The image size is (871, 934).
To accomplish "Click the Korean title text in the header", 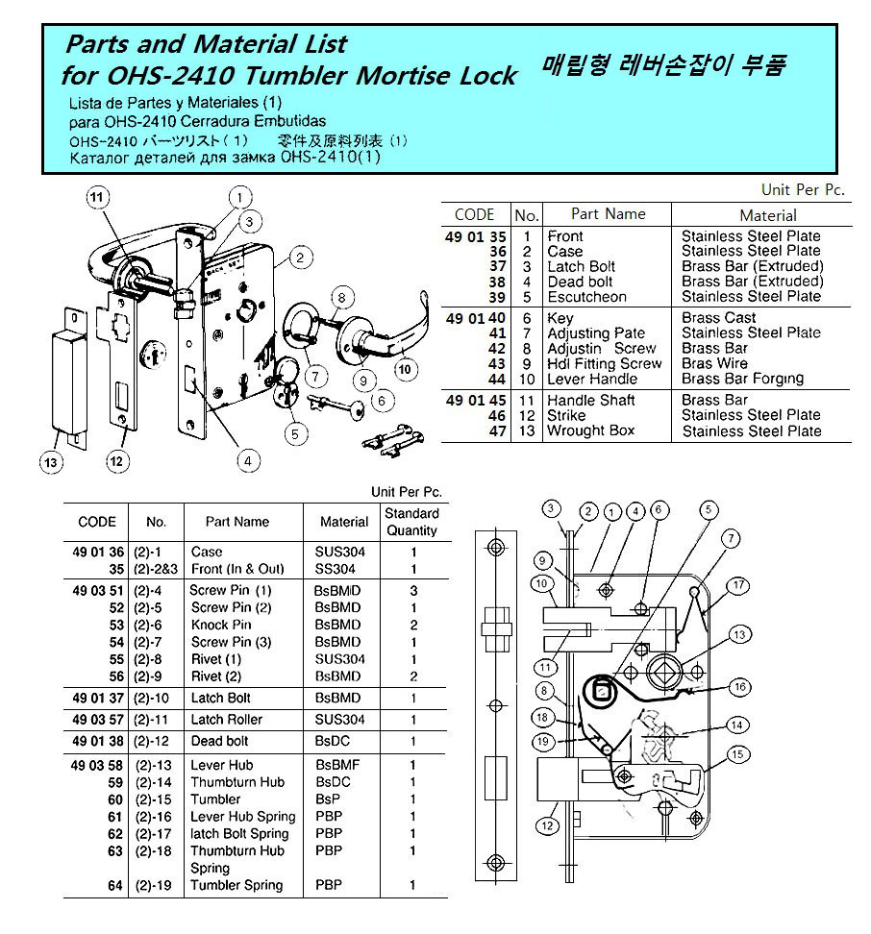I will pos(664,66).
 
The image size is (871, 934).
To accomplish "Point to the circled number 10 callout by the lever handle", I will pos(405,367).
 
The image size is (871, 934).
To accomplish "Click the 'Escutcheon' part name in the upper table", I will pos(586,297).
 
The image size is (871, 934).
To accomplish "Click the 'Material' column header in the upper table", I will pos(767,215).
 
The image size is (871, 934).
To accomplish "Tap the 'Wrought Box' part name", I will pos(590,430).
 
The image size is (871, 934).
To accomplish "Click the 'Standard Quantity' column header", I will pos(411,522).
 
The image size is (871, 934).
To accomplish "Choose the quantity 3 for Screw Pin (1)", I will pos(413,590).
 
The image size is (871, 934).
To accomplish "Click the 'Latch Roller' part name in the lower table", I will pos(226,719).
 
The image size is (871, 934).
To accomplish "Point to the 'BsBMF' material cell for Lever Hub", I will pos(336,765).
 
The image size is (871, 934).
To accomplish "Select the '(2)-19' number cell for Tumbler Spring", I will pos(153,885).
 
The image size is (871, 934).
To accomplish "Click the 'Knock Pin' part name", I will pos(221,625).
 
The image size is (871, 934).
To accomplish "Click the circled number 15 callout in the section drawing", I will pos(738,755).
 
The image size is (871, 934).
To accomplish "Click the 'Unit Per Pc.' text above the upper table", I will pos(803,190).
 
